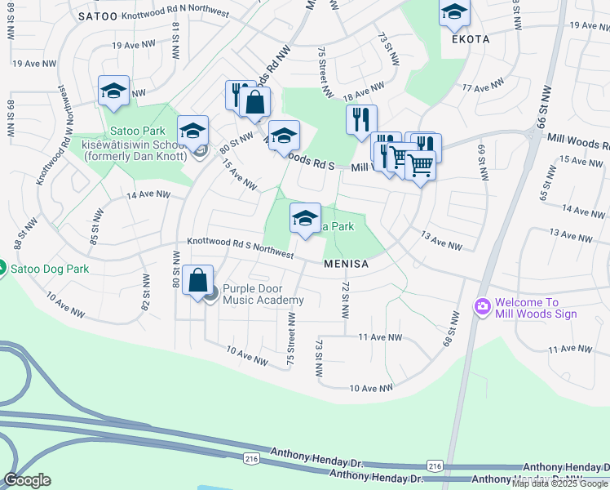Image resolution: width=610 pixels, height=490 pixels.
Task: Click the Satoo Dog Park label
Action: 45,268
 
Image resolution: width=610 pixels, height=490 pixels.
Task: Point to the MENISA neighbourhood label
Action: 347,265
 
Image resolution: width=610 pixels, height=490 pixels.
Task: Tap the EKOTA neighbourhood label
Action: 468,38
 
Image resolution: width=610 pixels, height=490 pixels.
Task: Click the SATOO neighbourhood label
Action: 99,16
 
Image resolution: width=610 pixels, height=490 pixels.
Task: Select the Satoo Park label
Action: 137,131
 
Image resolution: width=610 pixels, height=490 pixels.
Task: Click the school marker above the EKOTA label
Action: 454,13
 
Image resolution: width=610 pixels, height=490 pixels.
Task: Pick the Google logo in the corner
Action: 27,480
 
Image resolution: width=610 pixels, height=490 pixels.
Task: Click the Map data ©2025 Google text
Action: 559,483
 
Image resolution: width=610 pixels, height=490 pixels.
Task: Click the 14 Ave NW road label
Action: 148,195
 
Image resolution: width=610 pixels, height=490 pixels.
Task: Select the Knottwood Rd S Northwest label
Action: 240,247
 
